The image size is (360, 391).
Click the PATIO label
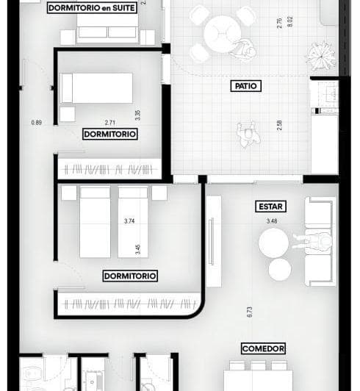pyautogui.click(x=246, y=86)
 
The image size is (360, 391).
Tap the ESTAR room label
pyautogui.click(x=271, y=207)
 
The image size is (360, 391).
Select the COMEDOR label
pyautogui.click(x=263, y=348)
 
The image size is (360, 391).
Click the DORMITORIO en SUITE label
pyautogui.click(x=92, y=8)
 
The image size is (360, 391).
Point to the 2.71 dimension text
pyautogui.click(x=111, y=123)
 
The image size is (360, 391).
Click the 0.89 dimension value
pyautogui.click(x=37, y=123)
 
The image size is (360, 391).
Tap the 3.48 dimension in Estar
pyautogui.click(x=273, y=220)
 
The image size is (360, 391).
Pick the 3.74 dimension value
pyautogui.click(x=130, y=221)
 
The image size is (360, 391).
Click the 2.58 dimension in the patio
pyautogui.click(x=279, y=126)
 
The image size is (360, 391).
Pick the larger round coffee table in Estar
pyautogui.click(x=273, y=242)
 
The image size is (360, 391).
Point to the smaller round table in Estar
pyautogui.click(x=279, y=270)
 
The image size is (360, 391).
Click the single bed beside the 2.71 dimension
pyautogui.click(x=96, y=87)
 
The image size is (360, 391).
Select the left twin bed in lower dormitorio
pyautogui.click(x=95, y=220)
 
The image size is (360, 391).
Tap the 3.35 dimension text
pyautogui.click(x=137, y=115)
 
